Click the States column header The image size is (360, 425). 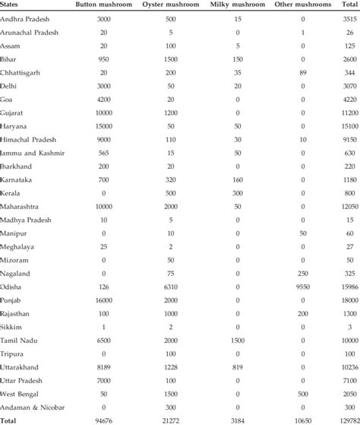coord(12,5)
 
